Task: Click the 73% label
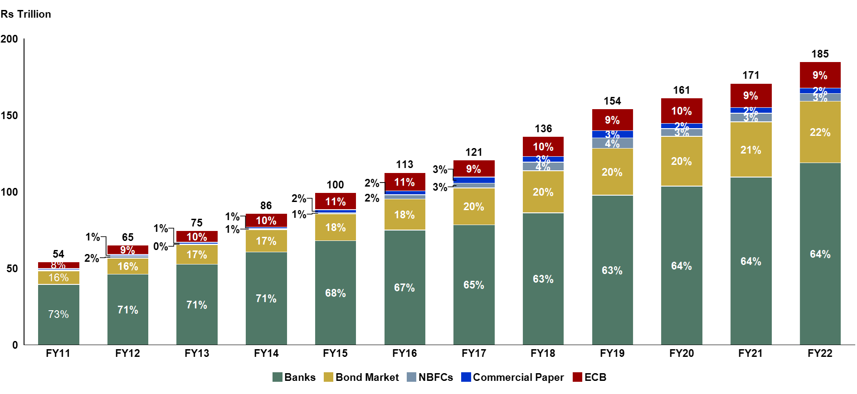pyautogui.click(x=58, y=314)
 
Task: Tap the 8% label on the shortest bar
pyautogui.click(x=58, y=264)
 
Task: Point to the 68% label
pyautogui.click(x=336, y=293)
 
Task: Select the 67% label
pyautogui.click(x=404, y=288)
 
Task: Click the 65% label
pyautogui.click(x=474, y=285)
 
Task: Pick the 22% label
pyautogui.click(x=820, y=132)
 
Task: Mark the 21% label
pyautogui.click(x=751, y=150)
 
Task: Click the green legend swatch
pyautogui.click(x=278, y=377)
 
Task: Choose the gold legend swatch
pyautogui.click(x=329, y=377)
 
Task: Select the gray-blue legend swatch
pyautogui.click(x=412, y=377)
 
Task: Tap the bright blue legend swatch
pyautogui.click(x=466, y=377)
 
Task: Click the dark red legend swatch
pyautogui.click(x=578, y=377)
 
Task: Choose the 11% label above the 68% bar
pyautogui.click(x=336, y=202)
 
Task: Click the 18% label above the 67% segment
pyautogui.click(x=404, y=215)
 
